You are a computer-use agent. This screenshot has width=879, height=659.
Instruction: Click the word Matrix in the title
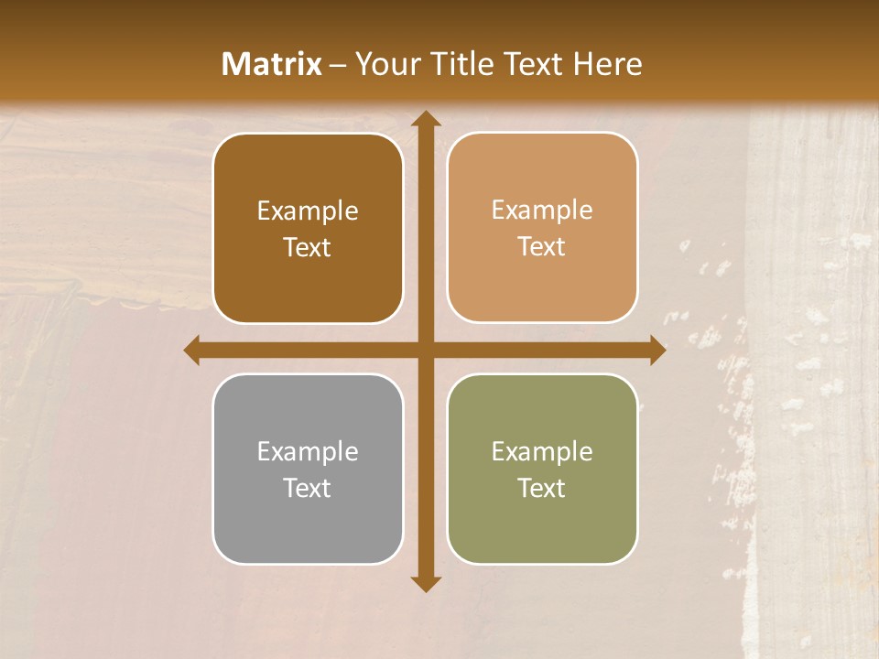point(271,64)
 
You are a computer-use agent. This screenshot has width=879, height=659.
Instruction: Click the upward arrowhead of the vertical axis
point(425,119)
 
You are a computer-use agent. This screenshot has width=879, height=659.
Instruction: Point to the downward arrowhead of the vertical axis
point(425,583)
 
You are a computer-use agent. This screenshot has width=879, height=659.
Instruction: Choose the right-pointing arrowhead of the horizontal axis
point(657,351)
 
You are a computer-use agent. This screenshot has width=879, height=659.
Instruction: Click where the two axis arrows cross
point(425,351)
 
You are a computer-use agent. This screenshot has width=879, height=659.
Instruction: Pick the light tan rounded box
point(542,275)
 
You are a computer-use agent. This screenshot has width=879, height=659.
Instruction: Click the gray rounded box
point(308,522)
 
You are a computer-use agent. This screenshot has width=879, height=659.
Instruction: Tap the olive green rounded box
point(542,522)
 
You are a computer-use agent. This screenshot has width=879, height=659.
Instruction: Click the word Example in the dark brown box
point(308,211)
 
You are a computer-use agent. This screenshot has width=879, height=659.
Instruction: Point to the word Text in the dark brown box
point(308,248)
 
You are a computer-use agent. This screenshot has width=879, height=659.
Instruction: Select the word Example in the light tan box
point(542,211)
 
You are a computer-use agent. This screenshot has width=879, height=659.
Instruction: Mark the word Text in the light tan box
point(542,247)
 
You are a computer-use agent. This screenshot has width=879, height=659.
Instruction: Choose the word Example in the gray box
point(308,452)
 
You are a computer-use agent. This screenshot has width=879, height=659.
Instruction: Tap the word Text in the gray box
point(308,489)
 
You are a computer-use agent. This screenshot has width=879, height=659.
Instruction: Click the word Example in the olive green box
point(542,452)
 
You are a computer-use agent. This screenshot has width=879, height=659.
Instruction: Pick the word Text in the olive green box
point(542,489)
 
